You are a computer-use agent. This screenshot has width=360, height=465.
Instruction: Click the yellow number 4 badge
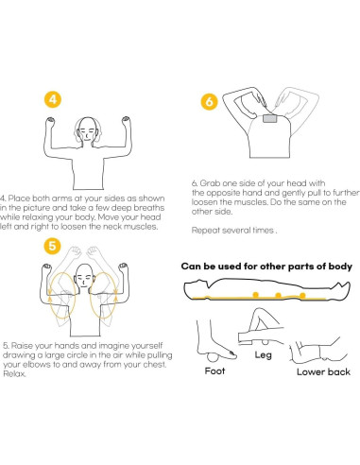pos(53,99)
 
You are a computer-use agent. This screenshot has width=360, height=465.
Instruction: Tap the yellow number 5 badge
pos(52,246)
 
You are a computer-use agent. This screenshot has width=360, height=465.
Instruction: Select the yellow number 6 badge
pos(209,101)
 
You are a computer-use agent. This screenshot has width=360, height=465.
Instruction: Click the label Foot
pos(214,370)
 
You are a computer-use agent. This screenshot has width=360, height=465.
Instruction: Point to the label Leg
pos(263,355)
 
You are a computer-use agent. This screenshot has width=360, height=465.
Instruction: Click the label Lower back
pos(323,371)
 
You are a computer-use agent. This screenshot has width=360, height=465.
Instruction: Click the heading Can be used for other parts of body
pos(266,267)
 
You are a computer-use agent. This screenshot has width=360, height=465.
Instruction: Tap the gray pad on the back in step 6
pos(269,119)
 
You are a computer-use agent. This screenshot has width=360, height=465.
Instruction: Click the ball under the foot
pos(214,357)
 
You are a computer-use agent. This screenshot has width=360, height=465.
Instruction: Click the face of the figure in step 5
pos(83,277)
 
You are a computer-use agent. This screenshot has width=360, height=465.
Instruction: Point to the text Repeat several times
pos(234,231)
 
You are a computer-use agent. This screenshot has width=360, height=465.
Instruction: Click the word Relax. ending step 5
pos(14,374)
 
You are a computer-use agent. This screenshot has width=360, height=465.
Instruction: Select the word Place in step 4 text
pos(19,198)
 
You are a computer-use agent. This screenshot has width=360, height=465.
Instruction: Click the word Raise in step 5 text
pos(22,346)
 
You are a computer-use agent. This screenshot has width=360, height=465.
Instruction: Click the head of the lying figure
pos(195,287)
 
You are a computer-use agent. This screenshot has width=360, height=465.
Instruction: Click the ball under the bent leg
pos(266,342)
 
